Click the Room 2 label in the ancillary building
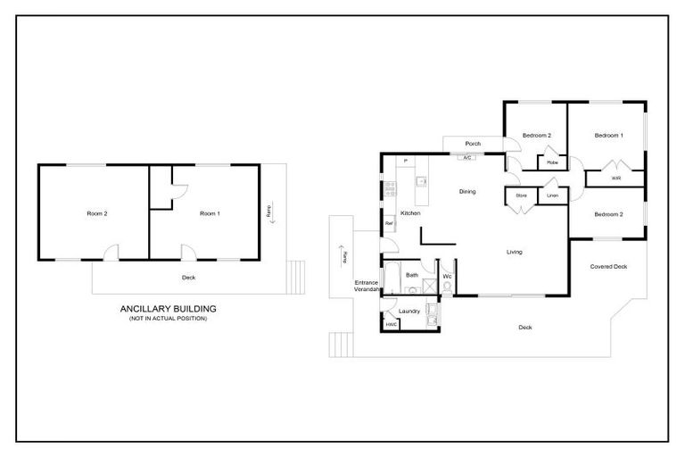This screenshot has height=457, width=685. coord(96,213)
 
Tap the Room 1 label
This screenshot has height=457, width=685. coord(209,213)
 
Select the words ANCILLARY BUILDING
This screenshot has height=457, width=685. coord(169,309)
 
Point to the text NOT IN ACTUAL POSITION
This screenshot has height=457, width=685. coord(169,319)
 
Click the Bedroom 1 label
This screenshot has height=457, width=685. coord(609,135)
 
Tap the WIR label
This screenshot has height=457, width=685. coord(616,178)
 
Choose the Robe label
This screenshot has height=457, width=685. coord(553,162)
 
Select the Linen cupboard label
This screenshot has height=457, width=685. coord(553,195)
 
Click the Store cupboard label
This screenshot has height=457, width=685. coord(522,195)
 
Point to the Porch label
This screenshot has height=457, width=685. coord(474,144)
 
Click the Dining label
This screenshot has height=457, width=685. coord(467,191)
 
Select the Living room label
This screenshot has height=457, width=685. coord(515,252)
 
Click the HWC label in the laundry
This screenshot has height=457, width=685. coord(391,324)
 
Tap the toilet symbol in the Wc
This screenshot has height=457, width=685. coord(447,286)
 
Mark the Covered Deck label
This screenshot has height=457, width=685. coord(609,267)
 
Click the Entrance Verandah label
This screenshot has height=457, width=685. coord(367,287)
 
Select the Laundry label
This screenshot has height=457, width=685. coord(409,311)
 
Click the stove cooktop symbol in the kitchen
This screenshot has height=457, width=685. coord(390,188)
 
